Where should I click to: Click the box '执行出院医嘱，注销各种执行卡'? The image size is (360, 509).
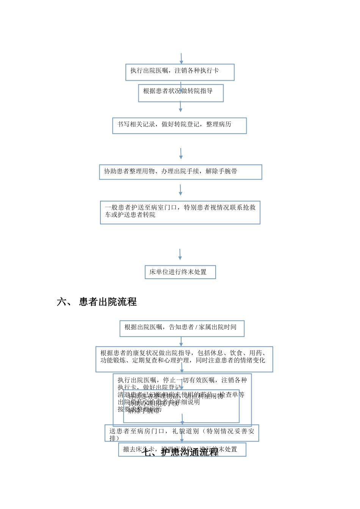(x=180, y=72)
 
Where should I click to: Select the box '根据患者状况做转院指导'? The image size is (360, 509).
(x=181, y=93)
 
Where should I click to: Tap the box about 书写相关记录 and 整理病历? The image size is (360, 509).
(x=179, y=126)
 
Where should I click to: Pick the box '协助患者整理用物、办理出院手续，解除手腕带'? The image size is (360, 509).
(x=180, y=172)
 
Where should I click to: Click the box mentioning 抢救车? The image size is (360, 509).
(x=180, y=212)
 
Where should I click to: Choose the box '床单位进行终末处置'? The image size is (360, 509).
(x=180, y=272)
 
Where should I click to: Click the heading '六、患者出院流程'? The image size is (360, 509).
(x=97, y=302)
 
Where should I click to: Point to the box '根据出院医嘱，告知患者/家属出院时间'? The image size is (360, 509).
(x=182, y=328)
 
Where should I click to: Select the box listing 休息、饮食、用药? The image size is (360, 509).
(x=184, y=359)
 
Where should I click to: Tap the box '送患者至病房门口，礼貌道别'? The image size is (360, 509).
(x=182, y=433)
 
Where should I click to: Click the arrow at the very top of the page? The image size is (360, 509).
(x=182, y=59)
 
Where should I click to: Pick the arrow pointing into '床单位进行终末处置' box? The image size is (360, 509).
(x=180, y=254)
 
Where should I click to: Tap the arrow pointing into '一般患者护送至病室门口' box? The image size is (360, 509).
(x=180, y=190)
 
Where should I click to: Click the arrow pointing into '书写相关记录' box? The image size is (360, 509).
(x=180, y=107)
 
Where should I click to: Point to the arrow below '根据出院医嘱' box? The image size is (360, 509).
(x=181, y=342)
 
